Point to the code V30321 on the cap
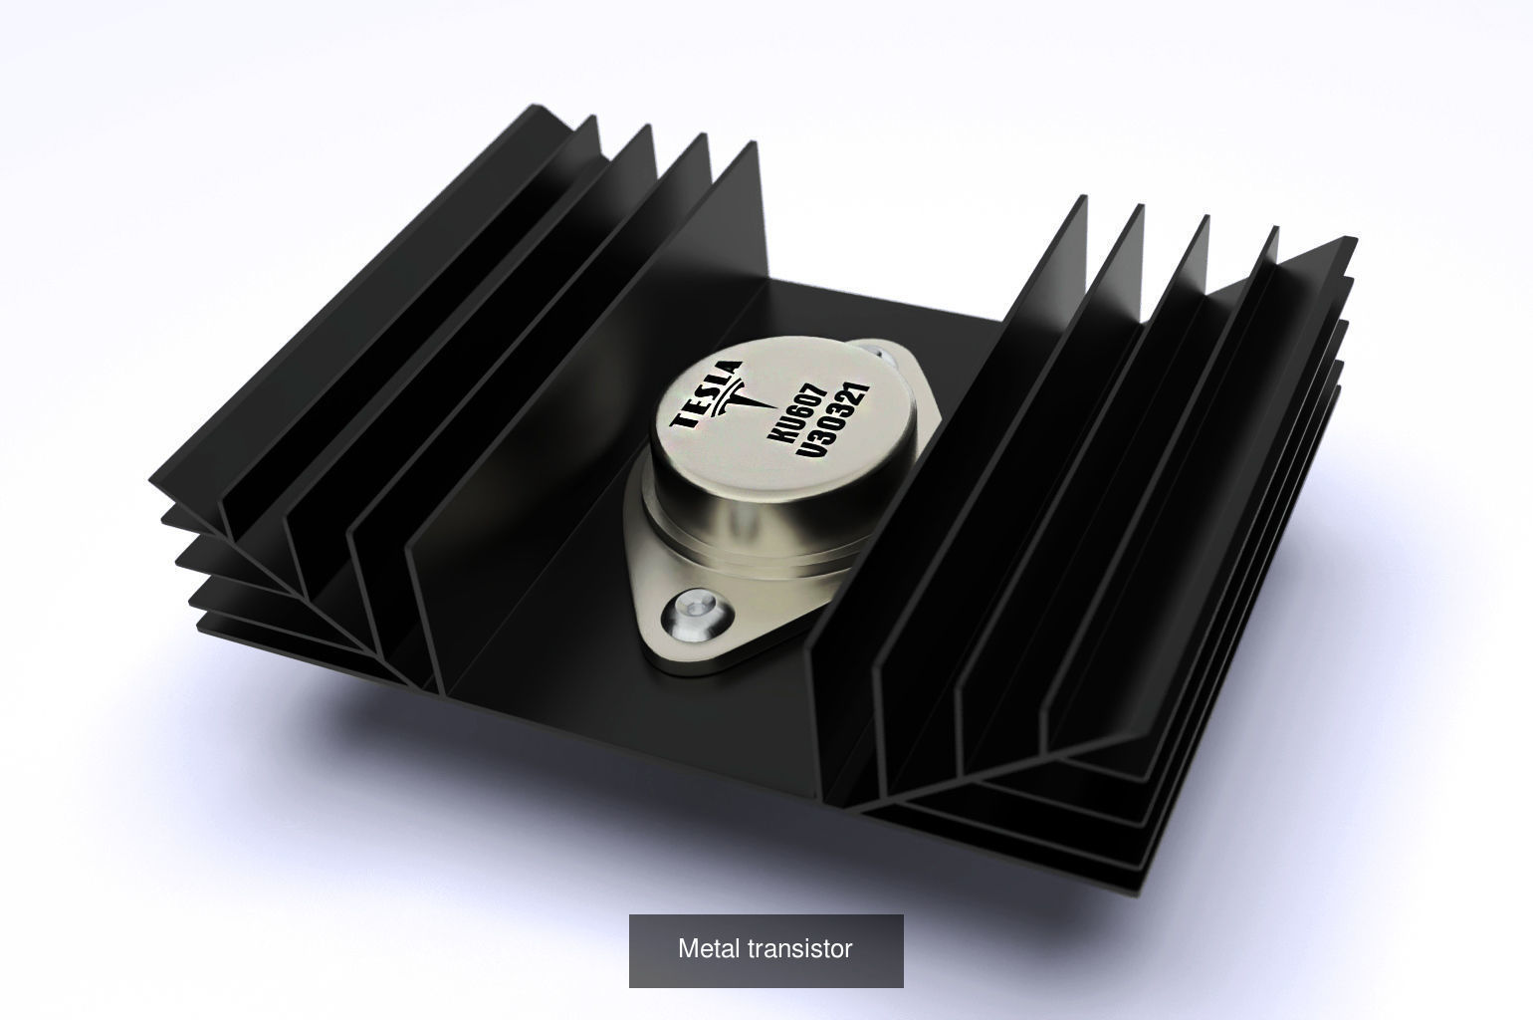coord(834,422)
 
